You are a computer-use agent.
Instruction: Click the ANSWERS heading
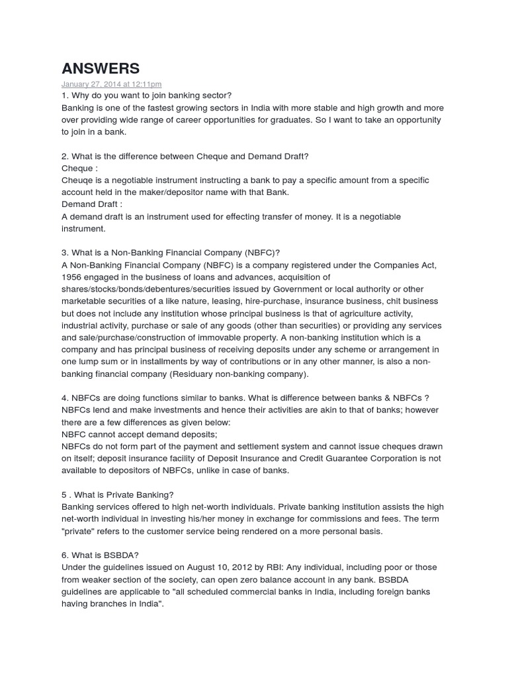tap(101, 68)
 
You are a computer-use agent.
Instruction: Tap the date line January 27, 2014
tap(111, 85)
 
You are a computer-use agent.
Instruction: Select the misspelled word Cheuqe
tap(77, 180)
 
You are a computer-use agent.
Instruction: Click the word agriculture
tap(358, 313)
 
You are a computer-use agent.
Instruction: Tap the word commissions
tap(317, 519)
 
